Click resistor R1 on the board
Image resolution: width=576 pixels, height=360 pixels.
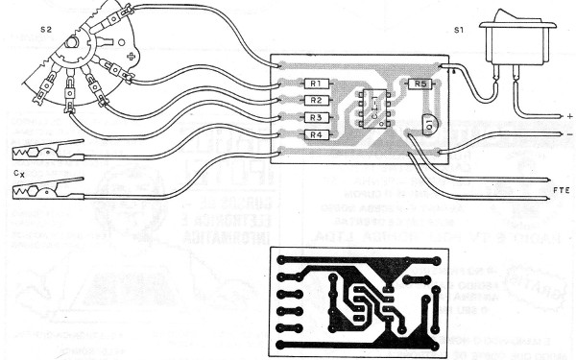[x=316, y=84]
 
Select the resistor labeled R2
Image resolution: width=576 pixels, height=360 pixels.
[x=316, y=100]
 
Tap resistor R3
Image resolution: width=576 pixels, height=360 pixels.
[x=316, y=117]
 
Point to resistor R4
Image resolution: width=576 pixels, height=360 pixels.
[x=316, y=134]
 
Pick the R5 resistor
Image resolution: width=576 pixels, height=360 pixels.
[x=419, y=84]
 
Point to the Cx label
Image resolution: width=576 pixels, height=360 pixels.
[x=19, y=174]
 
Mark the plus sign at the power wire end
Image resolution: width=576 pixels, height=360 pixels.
[x=569, y=117]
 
